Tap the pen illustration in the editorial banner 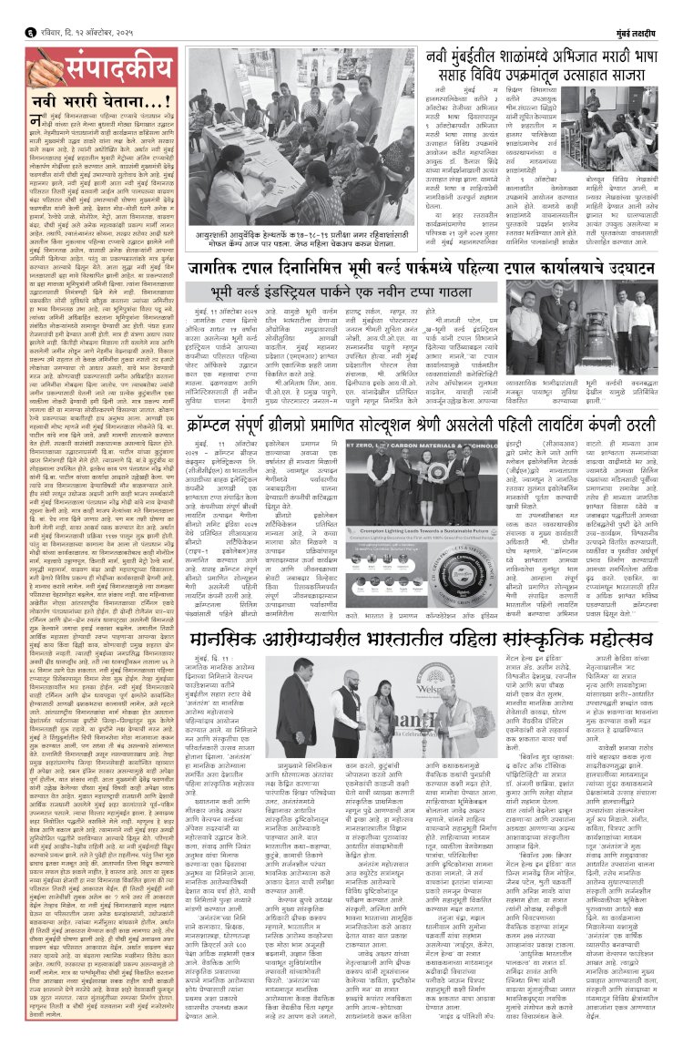coord(40,67)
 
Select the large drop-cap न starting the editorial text coord(35,124)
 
